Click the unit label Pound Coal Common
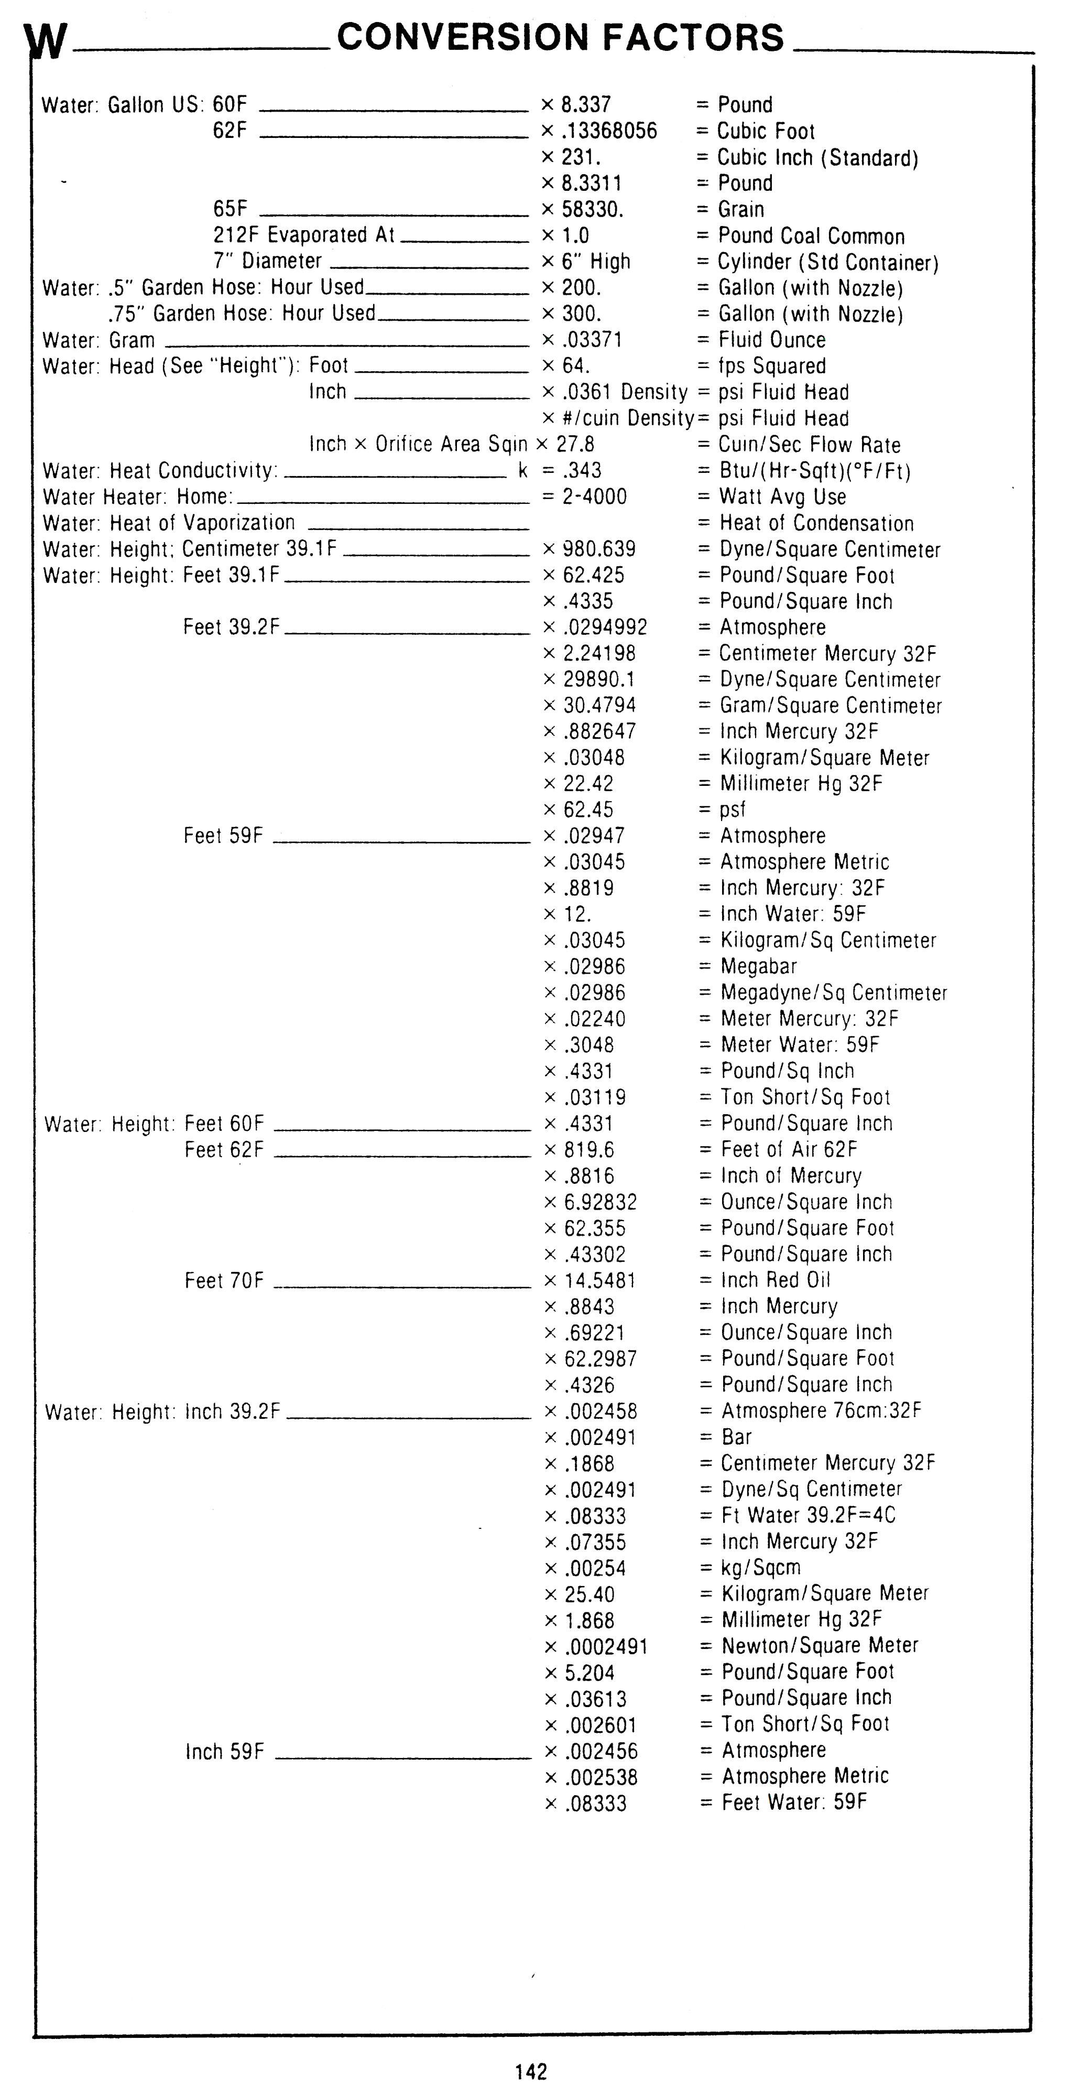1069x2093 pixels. point(811,236)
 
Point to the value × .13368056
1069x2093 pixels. point(601,132)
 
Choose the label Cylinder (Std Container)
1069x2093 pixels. point(828,263)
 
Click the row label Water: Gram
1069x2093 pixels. point(99,340)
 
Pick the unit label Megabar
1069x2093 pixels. point(759,966)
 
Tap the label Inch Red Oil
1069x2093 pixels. point(776,1280)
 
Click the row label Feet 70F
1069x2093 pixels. point(224,1280)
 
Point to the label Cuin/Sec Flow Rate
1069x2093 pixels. point(809,445)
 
